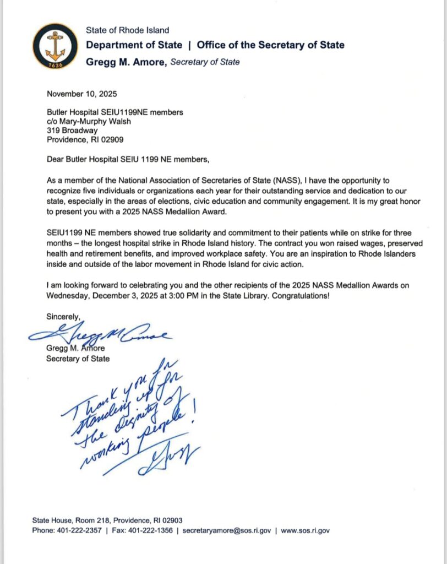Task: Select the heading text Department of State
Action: [x=134, y=45]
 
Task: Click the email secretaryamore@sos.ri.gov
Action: [x=227, y=531]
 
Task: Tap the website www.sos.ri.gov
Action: [x=306, y=531]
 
